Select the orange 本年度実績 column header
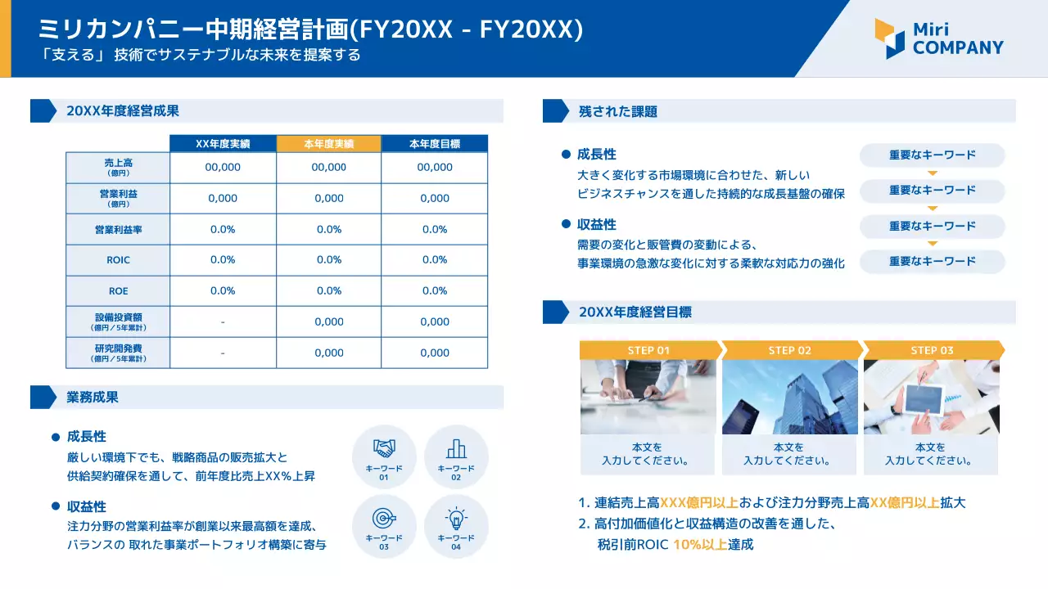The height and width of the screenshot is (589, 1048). (x=329, y=143)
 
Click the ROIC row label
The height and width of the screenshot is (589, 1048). (x=118, y=260)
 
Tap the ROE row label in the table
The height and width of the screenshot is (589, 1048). (x=118, y=291)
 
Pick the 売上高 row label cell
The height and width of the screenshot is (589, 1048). (x=118, y=167)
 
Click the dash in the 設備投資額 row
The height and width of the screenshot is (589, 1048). (x=223, y=322)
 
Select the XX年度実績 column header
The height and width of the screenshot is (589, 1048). (x=223, y=143)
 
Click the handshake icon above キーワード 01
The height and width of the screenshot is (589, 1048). (x=384, y=448)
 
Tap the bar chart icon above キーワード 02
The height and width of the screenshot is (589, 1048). (x=456, y=448)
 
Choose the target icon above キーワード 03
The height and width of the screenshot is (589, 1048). (x=384, y=518)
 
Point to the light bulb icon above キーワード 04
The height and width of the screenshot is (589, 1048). (x=456, y=518)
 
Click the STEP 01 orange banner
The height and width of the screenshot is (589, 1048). (x=649, y=350)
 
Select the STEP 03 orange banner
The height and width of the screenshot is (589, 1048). (x=933, y=350)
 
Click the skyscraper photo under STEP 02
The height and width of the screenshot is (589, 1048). (x=790, y=397)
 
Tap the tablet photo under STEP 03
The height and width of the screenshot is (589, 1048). (x=932, y=397)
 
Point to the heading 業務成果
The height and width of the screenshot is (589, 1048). (x=93, y=398)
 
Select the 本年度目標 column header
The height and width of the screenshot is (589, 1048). (x=435, y=143)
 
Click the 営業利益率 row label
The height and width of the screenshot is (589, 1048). (x=118, y=230)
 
